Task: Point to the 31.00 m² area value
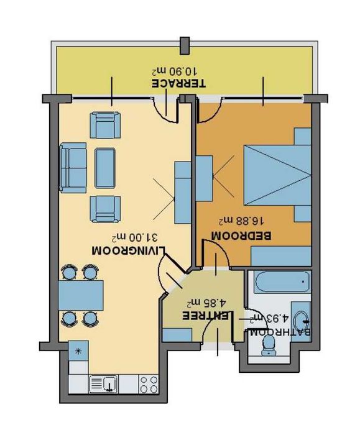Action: pyautogui.click(x=134, y=237)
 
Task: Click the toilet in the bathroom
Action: pyautogui.click(x=267, y=352)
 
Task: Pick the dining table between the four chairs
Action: pyautogui.click(x=81, y=295)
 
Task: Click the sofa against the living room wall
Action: pyautogui.click(x=74, y=166)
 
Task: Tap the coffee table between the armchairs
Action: pyautogui.click(x=104, y=166)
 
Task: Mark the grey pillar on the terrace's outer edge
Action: pyautogui.click(x=185, y=45)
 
